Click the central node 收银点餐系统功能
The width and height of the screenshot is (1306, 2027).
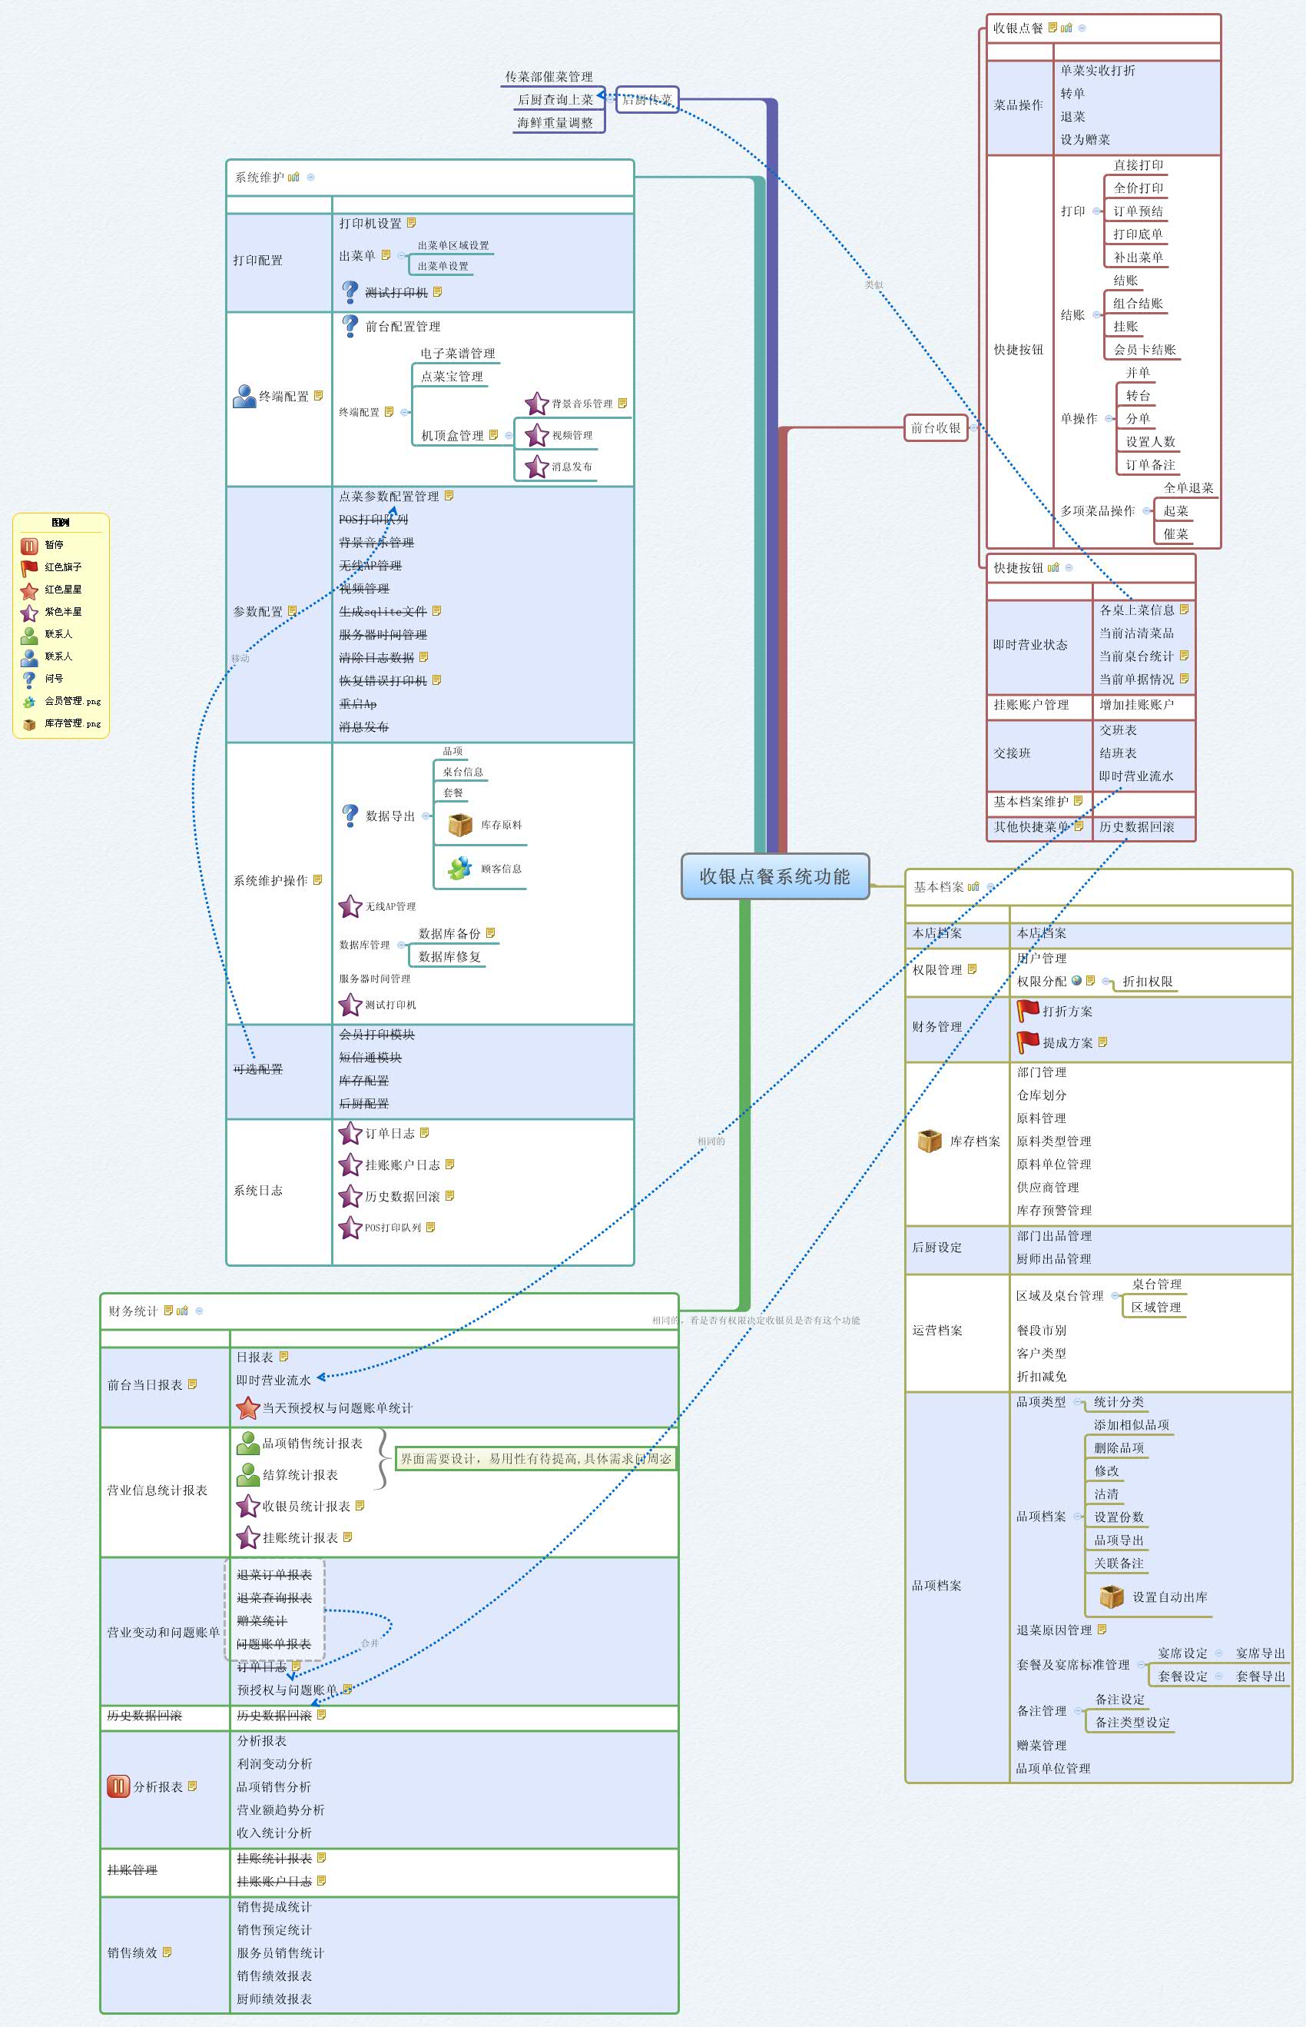point(774,876)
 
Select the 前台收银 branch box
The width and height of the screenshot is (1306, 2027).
point(936,427)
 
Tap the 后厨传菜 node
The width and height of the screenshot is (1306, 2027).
point(646,99)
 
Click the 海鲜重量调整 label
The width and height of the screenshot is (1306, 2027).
point(555,123)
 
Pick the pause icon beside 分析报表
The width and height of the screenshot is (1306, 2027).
point(118,1786)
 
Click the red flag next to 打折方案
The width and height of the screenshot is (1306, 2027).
point(1028,1011)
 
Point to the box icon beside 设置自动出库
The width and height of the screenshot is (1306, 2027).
point(1111,1596)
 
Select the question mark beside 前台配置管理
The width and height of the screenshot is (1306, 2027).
point(350,325)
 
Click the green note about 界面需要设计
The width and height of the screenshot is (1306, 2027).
point(535,1458)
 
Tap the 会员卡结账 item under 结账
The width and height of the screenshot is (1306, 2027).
point(1144,350)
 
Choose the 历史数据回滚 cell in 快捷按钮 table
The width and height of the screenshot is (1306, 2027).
point(1136,826)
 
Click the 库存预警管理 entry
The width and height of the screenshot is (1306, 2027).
point(1053,1210)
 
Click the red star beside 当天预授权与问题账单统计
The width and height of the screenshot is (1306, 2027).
point(247,1407)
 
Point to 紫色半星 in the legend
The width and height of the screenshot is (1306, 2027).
point(63,612)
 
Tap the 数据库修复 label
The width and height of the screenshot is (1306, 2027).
point(449,956)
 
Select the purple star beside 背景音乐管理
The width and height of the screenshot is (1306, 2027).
point(536,404)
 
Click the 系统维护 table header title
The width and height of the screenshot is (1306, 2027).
point(260,178)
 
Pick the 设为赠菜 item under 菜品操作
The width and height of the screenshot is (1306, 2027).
point(1085,139)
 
